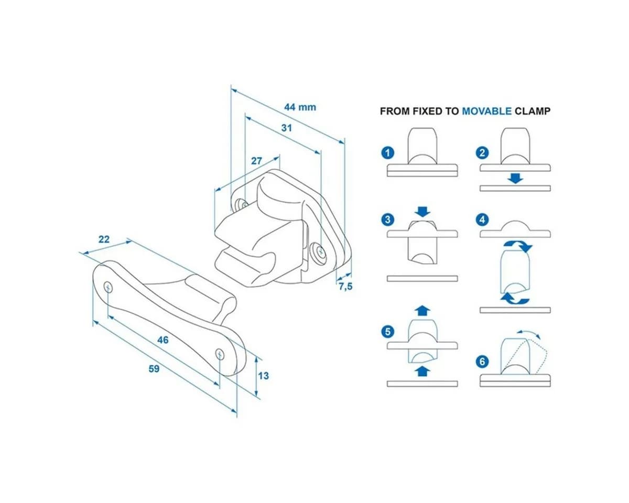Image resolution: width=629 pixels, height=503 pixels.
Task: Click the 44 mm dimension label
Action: tap(300, 107)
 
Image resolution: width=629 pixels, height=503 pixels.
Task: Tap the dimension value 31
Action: tap(286, 128)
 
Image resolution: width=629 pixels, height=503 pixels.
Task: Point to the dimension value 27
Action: tap(256, 161)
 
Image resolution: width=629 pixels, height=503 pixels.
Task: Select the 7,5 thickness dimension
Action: tap(345, 287)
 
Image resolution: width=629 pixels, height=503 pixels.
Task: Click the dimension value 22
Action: tap(104, 239)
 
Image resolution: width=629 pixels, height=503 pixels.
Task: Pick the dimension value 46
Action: tap(163, 340)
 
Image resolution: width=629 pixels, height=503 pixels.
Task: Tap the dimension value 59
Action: tap(154, 369)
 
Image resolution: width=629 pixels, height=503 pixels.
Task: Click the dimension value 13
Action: tap(263, 376)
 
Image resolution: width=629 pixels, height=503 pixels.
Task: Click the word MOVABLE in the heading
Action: tap(486, 112)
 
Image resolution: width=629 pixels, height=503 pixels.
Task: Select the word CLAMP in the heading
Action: tap(533, 112)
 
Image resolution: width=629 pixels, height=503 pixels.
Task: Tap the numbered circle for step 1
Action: tap(388, 153)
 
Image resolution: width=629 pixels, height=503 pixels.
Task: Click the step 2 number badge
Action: tap(482, 153)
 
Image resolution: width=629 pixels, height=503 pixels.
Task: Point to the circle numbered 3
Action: tap(388, 220)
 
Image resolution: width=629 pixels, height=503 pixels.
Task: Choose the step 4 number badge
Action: tap(482, 220)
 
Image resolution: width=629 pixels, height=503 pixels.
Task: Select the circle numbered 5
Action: tap(388, 332)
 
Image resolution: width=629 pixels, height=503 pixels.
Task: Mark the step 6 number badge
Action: tap(482, 362)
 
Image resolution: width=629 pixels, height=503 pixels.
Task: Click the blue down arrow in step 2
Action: tap(515, 178)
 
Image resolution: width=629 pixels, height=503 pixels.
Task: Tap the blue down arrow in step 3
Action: tap(422, 212)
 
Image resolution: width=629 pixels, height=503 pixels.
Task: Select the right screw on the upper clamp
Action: tap(321, 251)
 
